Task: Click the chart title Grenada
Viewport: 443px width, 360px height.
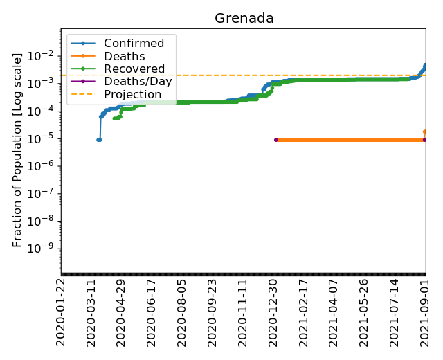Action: [x=244, y=19]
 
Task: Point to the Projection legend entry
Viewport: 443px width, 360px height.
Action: [x=132, y=94]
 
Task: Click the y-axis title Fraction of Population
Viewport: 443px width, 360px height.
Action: [x=18, y=150]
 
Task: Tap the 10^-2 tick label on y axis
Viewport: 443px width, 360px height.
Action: [x=44, y=55]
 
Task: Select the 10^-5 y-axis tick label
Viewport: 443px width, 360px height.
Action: [x=44, y=138]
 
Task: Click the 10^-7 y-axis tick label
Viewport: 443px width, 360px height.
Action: [x=44, y=194]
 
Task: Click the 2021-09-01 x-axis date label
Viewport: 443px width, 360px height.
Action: [x=425, y=313]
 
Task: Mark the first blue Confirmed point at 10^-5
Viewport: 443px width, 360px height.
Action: [x=98, y=140]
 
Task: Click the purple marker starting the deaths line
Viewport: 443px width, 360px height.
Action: [x=276, y=140]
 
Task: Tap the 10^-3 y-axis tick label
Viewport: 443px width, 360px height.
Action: [x=44, y=83]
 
